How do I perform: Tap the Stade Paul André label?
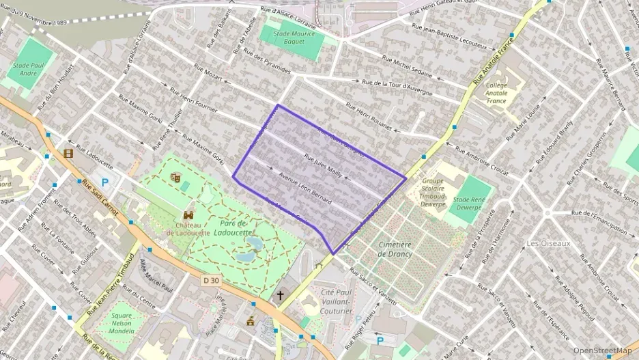pos(29,69)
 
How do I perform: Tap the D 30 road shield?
pos(212,280)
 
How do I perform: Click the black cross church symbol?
pos(280,296)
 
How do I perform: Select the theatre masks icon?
pos(175,177)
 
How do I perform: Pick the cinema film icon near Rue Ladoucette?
pos(68,154)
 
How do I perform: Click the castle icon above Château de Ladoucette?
pos(188,214)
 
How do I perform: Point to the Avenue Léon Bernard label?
pos(304,191)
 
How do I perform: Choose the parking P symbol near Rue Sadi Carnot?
pos(105,182)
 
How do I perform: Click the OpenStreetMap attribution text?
pos(602,350)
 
